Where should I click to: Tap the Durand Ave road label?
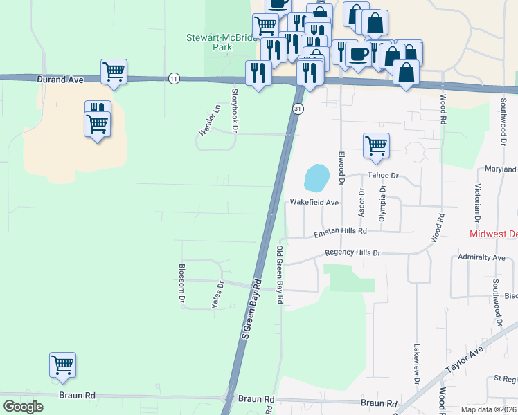(60, 80)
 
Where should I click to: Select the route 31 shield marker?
(297, 109)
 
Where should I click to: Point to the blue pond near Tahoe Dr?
(316, 178)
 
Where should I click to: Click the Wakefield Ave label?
(314, 203)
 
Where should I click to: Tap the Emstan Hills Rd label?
(339, 231)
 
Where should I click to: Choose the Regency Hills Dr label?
(353, 253)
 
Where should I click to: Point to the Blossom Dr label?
(182, 283)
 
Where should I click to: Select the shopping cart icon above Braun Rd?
(62, 364)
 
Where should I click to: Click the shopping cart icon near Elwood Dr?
(375, 145)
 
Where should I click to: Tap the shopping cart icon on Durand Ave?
(114, 71)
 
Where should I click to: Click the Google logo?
(24, 407)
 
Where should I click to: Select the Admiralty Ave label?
(482, 257)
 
